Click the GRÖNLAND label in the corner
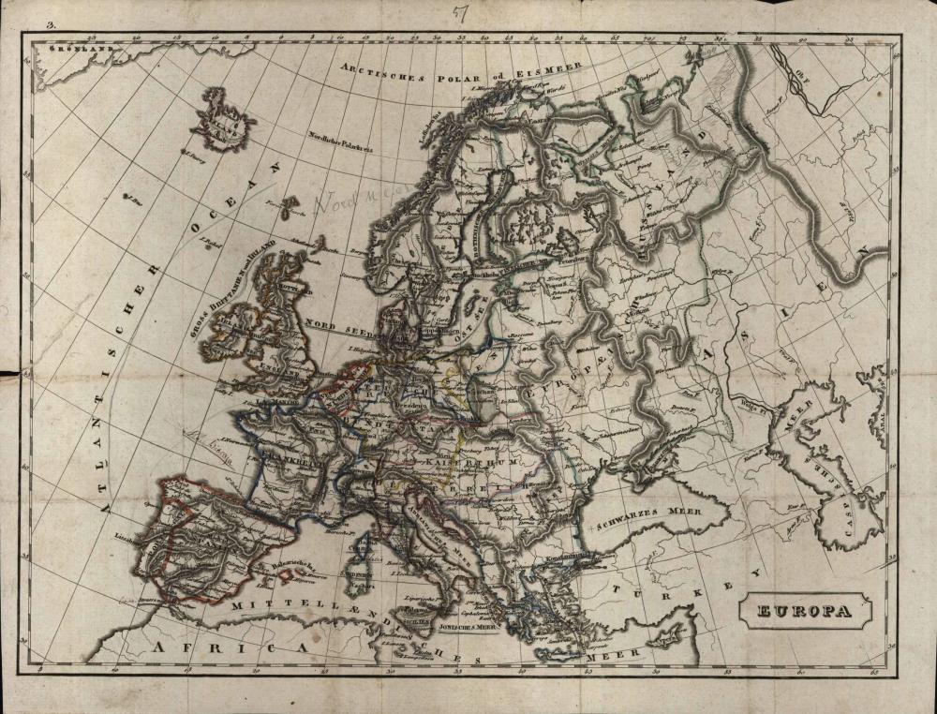(x=81, y=46)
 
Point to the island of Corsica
(x=364, y=547)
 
